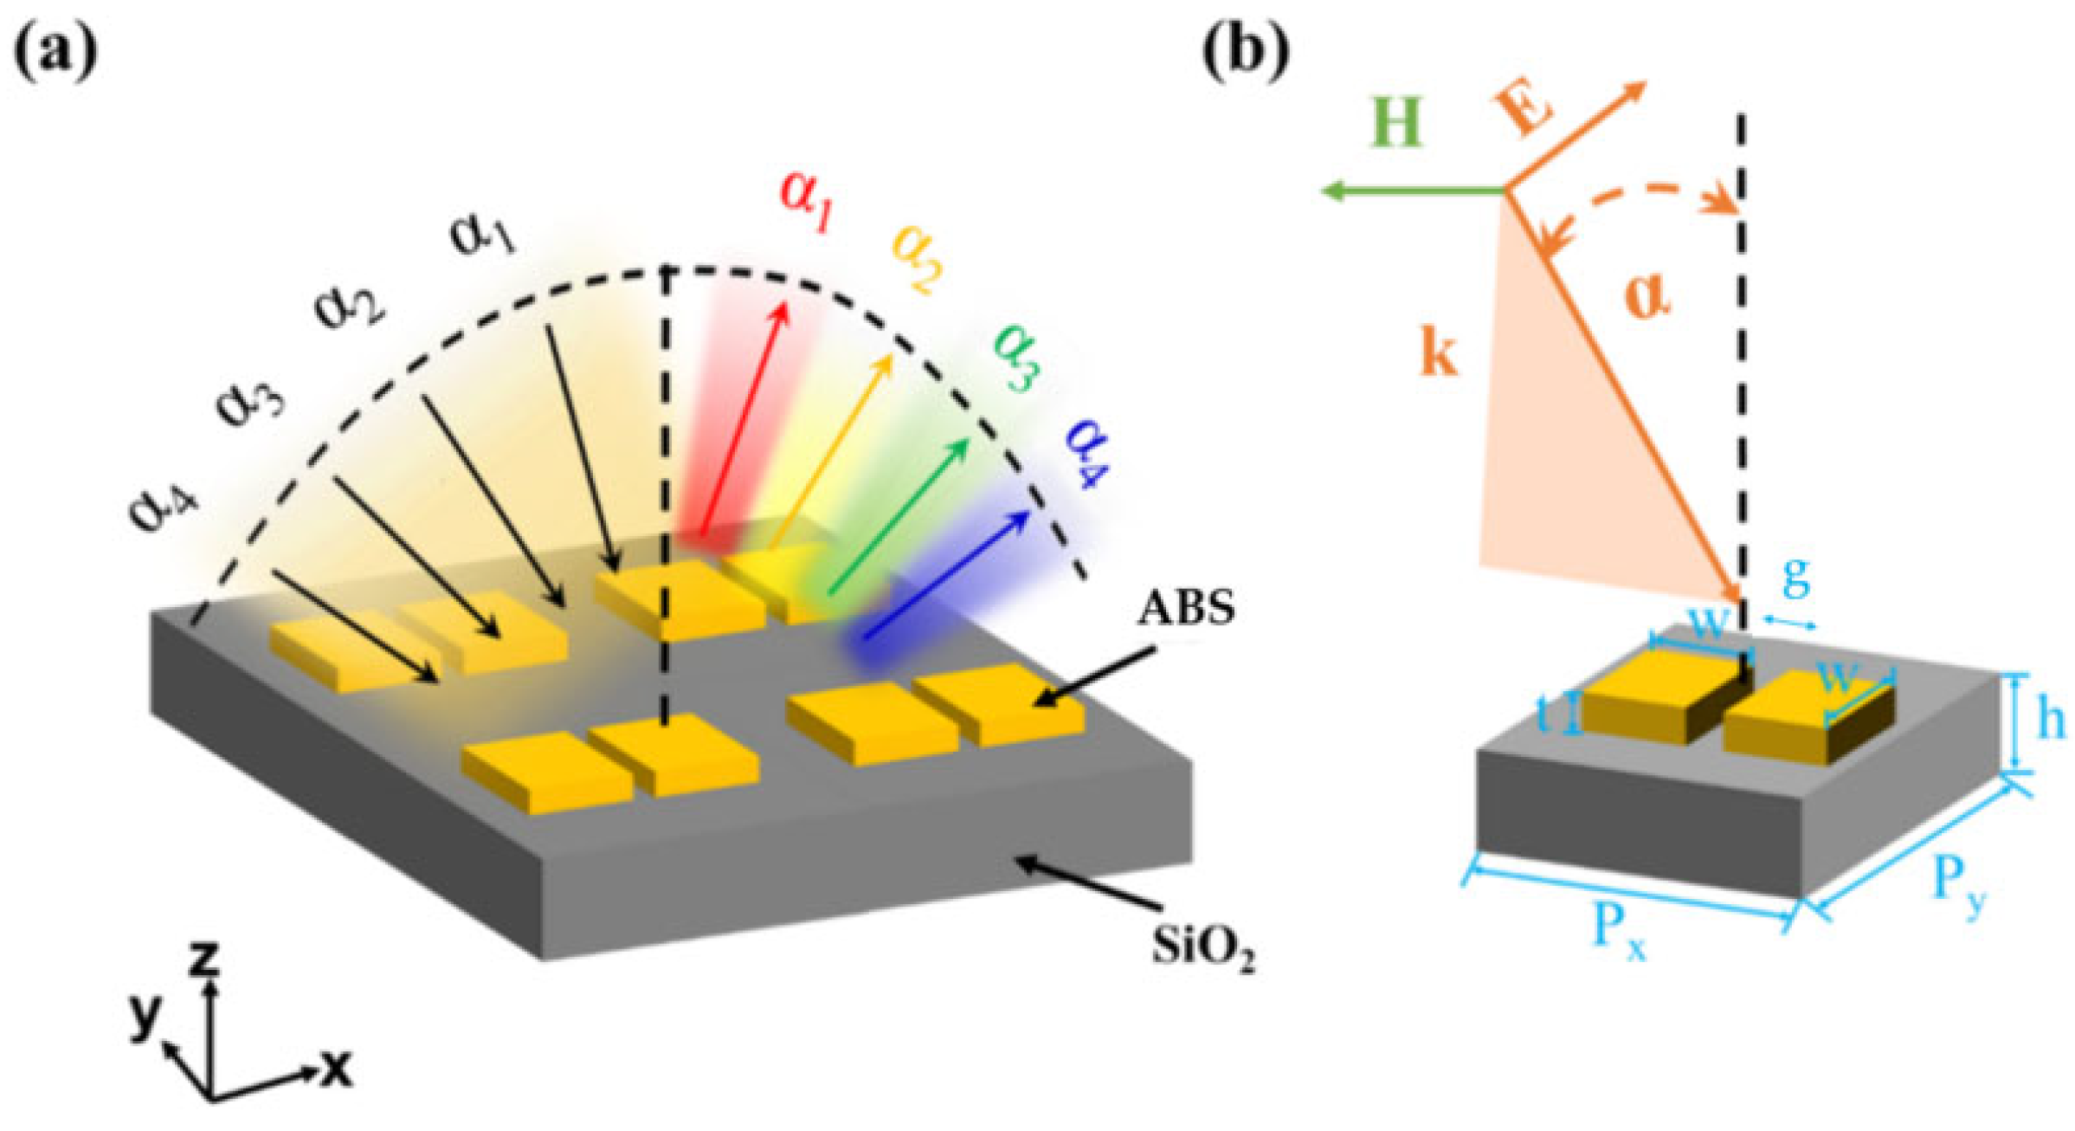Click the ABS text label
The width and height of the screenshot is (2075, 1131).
pos(1185,609)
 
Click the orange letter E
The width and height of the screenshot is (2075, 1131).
pos(1523,112)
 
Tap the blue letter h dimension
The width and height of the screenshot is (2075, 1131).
pos(2048,718)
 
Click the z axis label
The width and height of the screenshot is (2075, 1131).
pos(204,959)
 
